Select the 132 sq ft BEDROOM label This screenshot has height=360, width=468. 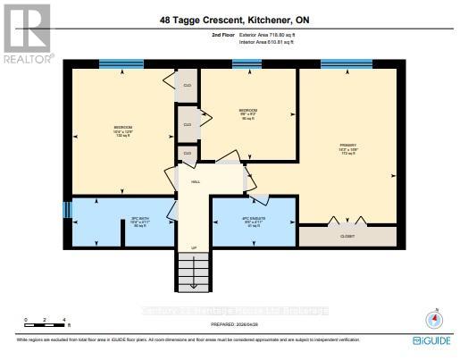pos(123,130)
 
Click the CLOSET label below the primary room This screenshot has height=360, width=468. pos(347,237)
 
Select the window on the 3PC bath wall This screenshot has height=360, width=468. pos(66,210)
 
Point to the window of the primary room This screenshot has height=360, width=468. pos(347,63)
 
